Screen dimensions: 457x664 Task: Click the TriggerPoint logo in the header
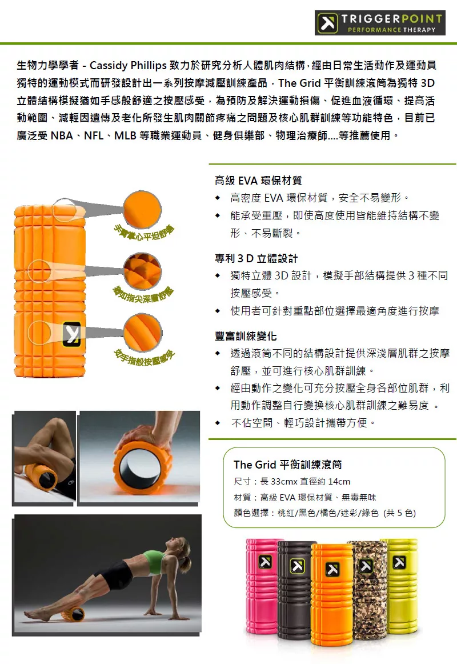379,22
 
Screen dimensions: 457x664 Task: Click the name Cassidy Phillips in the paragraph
128,65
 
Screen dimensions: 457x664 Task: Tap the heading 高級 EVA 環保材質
258,181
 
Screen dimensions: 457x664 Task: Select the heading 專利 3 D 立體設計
256,259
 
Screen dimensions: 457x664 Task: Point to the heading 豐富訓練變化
246,336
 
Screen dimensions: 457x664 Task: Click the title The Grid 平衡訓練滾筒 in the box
288,465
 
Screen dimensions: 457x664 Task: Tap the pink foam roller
262,586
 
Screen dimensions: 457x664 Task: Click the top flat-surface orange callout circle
143,209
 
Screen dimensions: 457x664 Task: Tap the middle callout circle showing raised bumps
143,271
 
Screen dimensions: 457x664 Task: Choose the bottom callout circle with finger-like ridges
143,333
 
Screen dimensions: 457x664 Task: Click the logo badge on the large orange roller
71,334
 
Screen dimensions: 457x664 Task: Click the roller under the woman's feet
74,614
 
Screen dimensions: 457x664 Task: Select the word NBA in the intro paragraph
62,135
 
